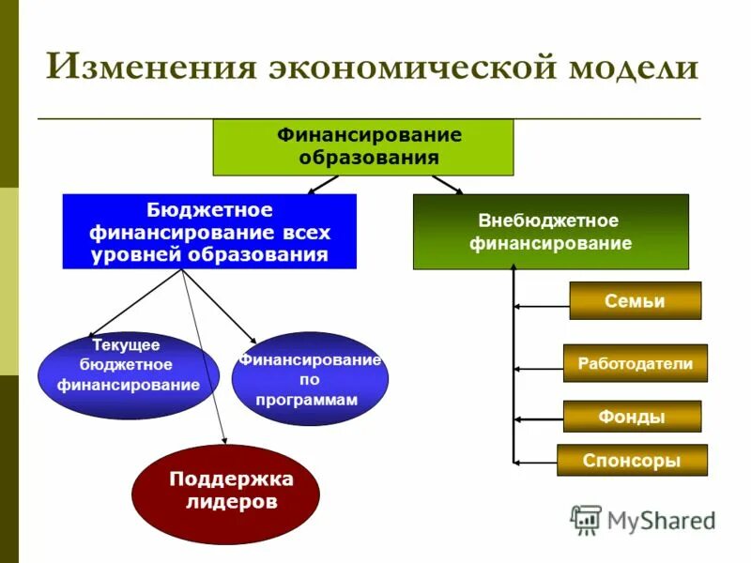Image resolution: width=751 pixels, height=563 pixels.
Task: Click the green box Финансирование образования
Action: pos(363,147)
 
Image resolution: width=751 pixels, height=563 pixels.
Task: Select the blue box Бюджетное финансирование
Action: pos(209,231)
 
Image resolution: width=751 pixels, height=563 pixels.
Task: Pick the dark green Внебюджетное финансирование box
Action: pos(550,232)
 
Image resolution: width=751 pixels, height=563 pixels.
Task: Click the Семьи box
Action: pos(635,301)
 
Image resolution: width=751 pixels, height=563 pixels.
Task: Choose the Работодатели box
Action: pos(635,363)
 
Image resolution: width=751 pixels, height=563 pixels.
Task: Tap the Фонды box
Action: pos(631,417)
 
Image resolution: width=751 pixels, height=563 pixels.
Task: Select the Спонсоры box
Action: pos(631,461)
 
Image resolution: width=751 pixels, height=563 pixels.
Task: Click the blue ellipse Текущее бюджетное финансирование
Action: pos(128,373)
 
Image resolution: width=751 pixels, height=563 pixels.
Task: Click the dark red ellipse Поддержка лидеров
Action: pos(225,491)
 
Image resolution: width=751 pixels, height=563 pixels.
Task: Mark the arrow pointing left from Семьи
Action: pos(542,306)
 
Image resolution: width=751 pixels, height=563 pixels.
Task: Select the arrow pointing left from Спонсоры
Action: pos(535,462)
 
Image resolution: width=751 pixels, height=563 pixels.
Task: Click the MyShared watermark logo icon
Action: pos(586,520)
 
